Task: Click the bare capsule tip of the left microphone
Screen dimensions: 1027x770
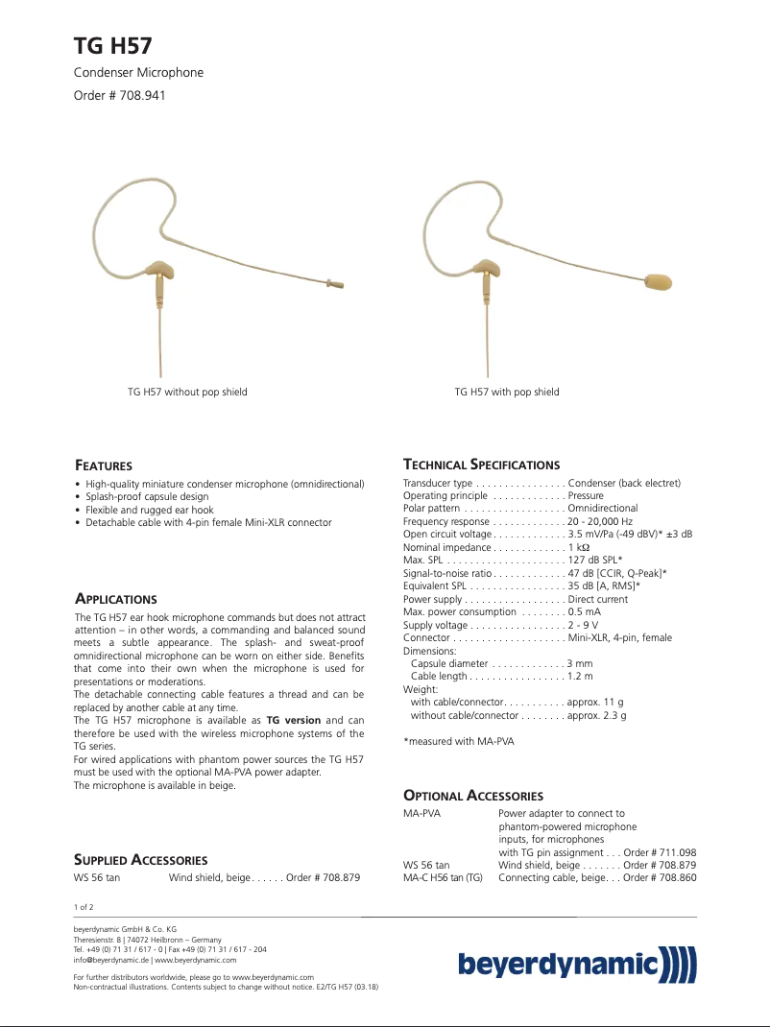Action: (336, 282)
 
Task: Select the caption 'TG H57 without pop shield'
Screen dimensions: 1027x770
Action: (187, 392)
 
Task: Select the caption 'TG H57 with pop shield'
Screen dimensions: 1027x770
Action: (506, 392)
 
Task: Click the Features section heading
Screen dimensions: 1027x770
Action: (104, 466)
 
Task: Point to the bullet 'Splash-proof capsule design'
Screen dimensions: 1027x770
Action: (146, 497)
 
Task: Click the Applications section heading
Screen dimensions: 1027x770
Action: (115, 599)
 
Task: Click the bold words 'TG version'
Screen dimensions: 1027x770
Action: (293, 720)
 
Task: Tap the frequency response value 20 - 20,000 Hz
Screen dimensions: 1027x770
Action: (600, 521)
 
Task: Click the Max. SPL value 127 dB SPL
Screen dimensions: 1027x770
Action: (595, 560)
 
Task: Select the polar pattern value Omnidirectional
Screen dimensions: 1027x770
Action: (602, 508)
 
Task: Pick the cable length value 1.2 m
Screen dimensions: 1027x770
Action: (580, 677)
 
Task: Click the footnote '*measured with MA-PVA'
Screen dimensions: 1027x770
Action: (458, 741)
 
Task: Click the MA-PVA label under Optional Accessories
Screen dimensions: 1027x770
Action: (421, 813)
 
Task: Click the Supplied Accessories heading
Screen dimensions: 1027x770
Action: (140, 860)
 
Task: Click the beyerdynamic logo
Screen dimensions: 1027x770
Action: (576, 963)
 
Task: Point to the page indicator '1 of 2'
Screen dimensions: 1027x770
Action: (84, 906)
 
